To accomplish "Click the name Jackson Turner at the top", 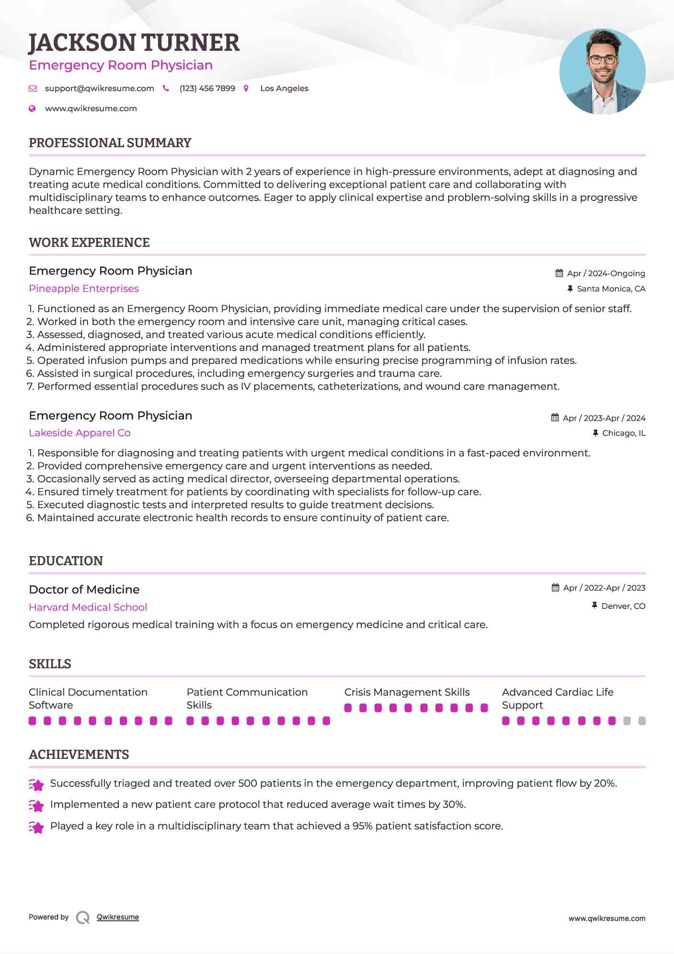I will coord(134,43).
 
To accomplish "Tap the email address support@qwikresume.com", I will coord(99,89).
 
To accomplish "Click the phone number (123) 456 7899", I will coord(207,89).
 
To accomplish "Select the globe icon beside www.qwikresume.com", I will coord(32,109).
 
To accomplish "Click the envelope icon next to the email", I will coord(33,89).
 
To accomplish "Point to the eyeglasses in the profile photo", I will coord(602,60).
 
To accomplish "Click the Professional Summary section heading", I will coord(110,143).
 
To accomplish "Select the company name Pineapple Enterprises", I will coord(84,289).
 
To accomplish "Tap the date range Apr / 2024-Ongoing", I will coord(605,273).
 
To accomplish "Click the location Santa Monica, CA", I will coord(611,289).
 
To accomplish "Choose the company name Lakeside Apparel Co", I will coord(80,433).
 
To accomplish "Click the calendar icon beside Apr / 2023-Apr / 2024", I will coord(555,418).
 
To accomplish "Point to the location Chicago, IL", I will coord(623,433).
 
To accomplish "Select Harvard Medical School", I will coord(88,607).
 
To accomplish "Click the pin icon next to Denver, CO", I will coord(594,606).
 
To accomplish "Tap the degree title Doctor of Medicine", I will coord(84,590).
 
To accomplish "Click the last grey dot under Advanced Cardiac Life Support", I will coord(642,721).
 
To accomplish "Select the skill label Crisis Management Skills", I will coord(407,692).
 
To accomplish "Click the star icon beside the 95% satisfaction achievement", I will coord(36,827).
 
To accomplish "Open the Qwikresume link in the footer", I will coord(117,917).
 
